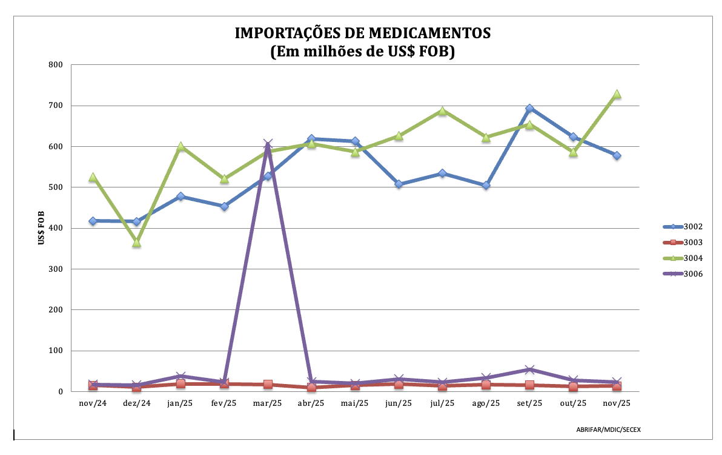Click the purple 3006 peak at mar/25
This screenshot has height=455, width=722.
(x=268, y=144)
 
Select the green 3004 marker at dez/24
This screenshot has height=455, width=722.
(x=137, y=243)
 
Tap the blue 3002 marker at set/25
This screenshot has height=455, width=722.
(x=529, y=109)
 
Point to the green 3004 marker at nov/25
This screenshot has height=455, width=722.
(x=617, y=95)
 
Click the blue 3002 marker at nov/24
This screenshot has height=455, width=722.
(x=93, y=221)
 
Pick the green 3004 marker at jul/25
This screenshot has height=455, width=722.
(x=442, y=111)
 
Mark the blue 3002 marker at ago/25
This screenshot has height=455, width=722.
(x=486, y=185)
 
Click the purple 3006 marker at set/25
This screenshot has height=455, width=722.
(x=529, y=369)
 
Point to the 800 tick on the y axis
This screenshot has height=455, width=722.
(x=56, y=64)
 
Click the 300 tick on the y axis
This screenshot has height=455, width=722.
(x=56, y=269)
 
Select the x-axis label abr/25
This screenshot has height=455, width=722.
(x=311, y=403)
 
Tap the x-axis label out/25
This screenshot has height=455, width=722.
(x=573, y=403)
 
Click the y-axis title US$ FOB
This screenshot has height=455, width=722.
(x=41, y=228)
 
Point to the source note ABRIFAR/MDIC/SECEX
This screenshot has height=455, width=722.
(x=608, y=430)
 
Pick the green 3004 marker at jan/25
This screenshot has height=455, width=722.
(x=180, y=147)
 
